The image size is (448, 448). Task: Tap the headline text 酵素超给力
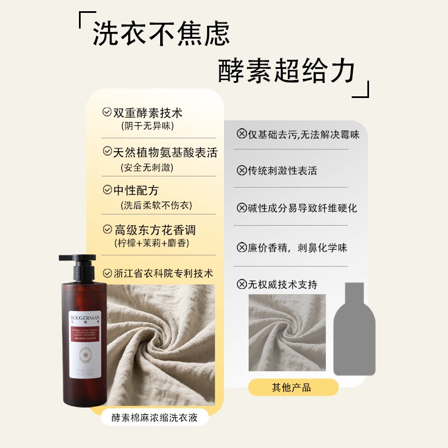(x=287, y=72)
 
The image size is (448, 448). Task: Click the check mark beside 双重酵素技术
(x=107, y=112)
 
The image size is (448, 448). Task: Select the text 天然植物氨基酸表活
(x=165, y=152)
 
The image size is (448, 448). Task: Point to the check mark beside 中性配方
(x=107, y=190)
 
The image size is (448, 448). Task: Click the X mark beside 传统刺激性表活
(x=242, y=170)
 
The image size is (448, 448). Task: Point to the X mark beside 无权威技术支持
(x=242, y=284)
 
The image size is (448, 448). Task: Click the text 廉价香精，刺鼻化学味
(x=297, y=247)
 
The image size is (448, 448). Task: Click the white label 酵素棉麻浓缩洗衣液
(x=155, y=417)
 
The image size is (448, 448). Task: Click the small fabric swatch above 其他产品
(x=287, y=333)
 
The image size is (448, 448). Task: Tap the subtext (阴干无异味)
(x=146, y=125)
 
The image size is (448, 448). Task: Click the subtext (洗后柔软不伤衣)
(x=156, y=205)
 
